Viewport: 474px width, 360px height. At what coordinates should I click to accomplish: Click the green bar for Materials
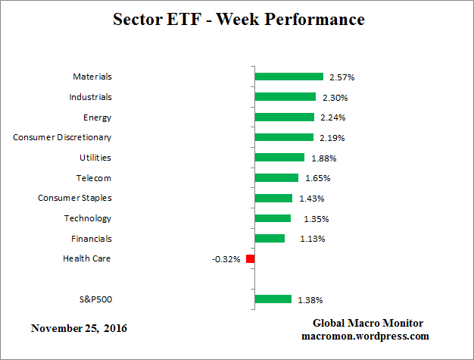click(289, 77)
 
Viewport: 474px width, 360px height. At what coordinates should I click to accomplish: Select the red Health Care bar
click(251, 259)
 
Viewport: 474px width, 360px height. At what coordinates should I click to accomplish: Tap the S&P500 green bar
click(273, 299)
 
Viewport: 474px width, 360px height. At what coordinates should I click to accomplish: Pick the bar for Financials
click(270, 239)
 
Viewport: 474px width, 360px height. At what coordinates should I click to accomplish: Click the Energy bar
click(285, 117)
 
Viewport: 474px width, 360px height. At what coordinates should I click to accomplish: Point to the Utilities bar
click(280, 158)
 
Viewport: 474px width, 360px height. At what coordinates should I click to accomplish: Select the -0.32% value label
click(226, 259)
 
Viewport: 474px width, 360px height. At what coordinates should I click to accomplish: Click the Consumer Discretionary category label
click(63, 137)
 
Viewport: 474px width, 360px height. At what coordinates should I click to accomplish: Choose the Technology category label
click(88, 218)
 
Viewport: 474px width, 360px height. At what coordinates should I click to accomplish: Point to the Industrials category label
click(89, 97)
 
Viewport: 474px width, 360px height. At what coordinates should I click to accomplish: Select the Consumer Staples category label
click(75, 198)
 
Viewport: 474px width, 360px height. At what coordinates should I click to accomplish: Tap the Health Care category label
click(87, 258)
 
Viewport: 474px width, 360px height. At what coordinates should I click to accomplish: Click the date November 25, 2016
click(79, 329)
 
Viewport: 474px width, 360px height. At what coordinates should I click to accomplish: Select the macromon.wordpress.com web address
click(366, 336)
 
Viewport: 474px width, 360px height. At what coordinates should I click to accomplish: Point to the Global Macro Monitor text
click(366, 323)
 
